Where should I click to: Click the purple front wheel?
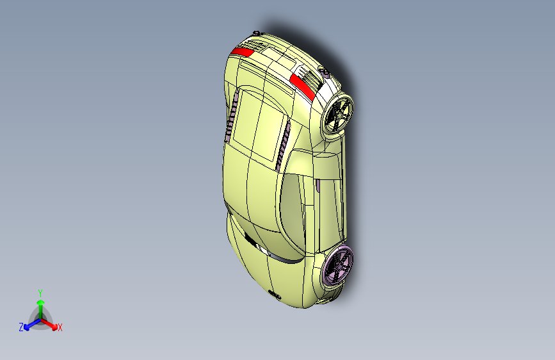click(338, 265)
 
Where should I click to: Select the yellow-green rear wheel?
click(338, 115)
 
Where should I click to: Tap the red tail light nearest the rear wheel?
click(302, 86)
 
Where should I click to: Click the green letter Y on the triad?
click(40, 293)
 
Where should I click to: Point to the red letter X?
click(60, 328)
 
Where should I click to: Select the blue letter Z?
click(21, 327)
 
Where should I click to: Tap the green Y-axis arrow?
click(40, 305)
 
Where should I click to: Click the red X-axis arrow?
click(51, 322)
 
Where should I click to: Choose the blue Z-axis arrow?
click(29, 322)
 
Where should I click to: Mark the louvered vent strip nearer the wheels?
click(284, 145)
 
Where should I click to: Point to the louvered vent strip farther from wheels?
click(232, 115)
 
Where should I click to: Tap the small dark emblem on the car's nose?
click(276, 294)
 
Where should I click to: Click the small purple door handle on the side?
click(319, 187)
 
